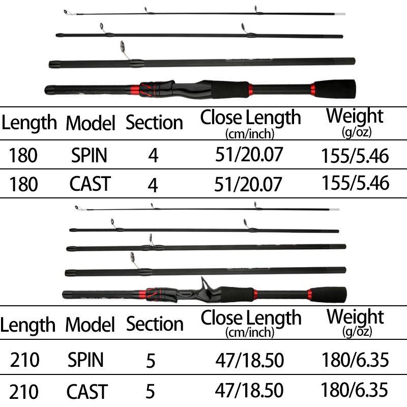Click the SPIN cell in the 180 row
point(89,156)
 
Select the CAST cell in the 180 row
point(90,184)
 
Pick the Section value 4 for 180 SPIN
point(153,156)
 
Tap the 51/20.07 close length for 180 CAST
point(248,184)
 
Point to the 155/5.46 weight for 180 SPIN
point(355,156)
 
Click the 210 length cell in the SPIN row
point(24,360)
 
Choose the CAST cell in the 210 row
point(87,391)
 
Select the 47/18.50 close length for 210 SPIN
point(249,360)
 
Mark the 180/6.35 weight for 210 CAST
point(354,390)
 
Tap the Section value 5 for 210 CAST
point(150,391)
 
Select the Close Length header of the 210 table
point(251,324)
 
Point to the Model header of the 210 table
point(90,324)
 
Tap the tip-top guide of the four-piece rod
point(66,12)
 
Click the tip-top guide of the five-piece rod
point(77,208)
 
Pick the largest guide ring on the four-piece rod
point(122,46)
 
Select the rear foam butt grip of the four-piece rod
point(335,89)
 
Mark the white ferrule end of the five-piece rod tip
point(335,209)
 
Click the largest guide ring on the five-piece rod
point(133,256)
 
